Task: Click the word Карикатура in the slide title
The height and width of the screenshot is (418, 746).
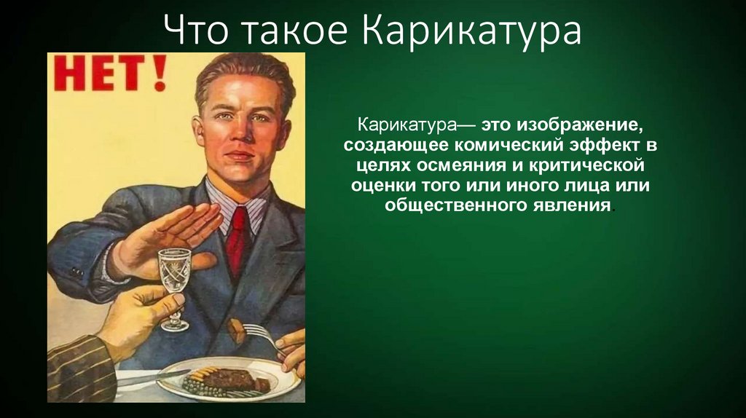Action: click(471, 32)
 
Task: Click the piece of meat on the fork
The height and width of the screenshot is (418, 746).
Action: click(235, 332)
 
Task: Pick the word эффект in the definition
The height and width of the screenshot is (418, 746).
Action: click(605, 145)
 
